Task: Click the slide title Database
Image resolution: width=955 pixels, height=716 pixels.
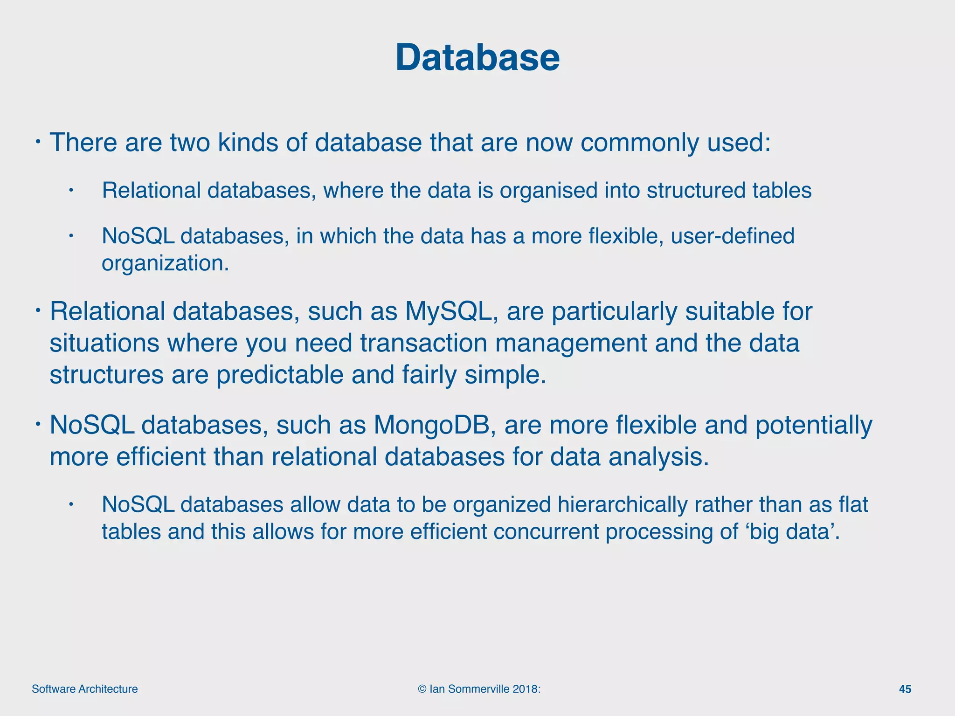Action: pyautogui.click(x=477, y=58)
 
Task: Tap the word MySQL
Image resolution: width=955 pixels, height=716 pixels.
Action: pyautogui.click(x=448, y=311)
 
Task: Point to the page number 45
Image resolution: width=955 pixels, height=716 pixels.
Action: pyautogui.click(x=905, y=689)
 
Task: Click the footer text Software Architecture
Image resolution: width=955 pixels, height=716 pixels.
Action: pyautogui.click(x=85, y=689)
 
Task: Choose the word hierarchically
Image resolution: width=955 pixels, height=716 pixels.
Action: pyautogui.click(x=618, y=505)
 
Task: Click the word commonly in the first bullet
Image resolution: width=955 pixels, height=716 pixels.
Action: pyautogui.click(x=639, y=143)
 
